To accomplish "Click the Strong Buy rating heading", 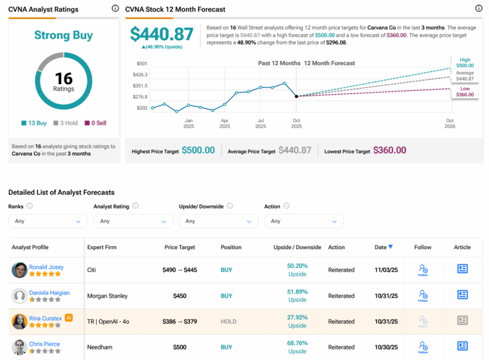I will pos(63,36).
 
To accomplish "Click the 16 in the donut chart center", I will pos(64,78).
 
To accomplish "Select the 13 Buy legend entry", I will pos(34,123).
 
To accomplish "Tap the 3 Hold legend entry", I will pos(66,123).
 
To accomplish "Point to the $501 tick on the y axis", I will pos(141,64).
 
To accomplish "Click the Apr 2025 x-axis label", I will pos(224,123).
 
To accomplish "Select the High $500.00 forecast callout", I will pos(465,62).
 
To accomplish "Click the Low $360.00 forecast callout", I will pos(465,91).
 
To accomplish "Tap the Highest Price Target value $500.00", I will pos(198,150).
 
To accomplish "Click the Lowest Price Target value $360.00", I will pos(390,150).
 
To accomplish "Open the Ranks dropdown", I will pos(48,221).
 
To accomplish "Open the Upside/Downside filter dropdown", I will pos(218,221).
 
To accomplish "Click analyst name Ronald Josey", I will pos(46,267).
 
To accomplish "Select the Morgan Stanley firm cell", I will pos(107,296).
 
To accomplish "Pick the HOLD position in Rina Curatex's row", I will pos(227,322).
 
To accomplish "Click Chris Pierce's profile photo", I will pos(19,347).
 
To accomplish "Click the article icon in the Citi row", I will pos(462,269).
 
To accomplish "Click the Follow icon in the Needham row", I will pos(423,347).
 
